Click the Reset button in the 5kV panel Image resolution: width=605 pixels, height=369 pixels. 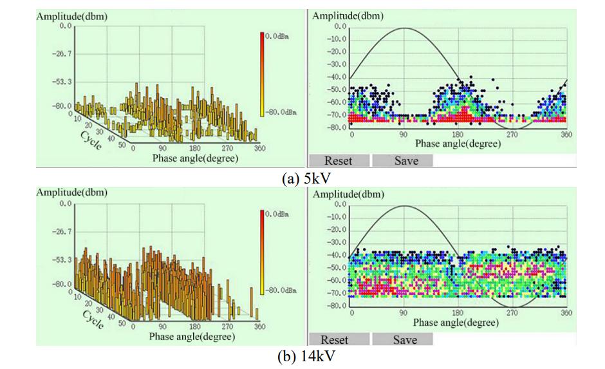tap(339, 161)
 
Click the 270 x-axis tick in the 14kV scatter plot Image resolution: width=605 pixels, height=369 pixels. tap(512, 312)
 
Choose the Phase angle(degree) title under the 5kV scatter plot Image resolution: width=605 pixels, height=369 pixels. tap(457, 144)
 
